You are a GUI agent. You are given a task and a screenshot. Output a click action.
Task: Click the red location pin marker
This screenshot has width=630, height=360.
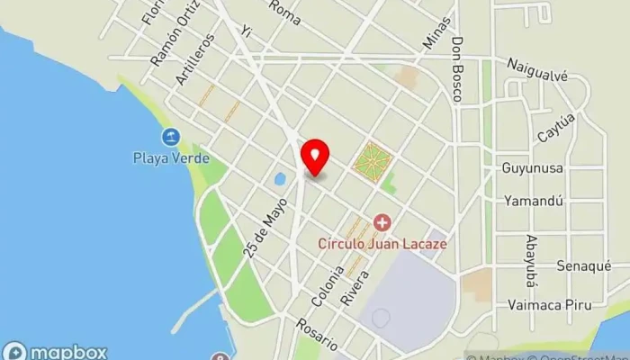coord(315,157)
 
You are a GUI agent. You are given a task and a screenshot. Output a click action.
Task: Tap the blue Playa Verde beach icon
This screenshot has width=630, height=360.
coord(170,138)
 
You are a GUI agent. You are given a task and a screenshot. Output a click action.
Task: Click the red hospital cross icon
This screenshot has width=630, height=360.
coord(382,221)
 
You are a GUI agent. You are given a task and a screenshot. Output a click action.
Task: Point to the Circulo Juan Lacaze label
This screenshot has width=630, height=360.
coord(382,242)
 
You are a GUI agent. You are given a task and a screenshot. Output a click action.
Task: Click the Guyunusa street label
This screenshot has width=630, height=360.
coord(532,167)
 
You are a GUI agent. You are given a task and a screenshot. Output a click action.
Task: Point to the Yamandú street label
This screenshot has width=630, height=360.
coord(534,200)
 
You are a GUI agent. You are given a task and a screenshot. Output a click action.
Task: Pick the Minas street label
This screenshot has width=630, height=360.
coord(435,32)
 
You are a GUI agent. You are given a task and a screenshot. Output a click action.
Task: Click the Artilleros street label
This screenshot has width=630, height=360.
coord(196,59)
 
